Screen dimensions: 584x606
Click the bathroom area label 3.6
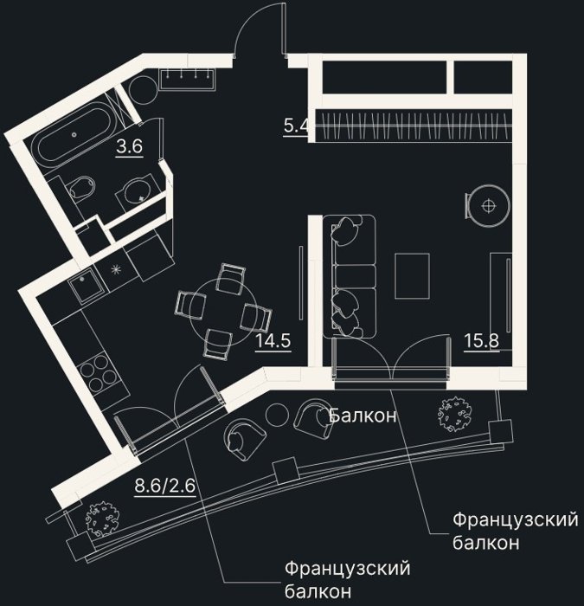pos(130,146)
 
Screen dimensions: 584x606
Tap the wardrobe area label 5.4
pos(296,126)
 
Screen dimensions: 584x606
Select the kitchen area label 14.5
pos(273,341)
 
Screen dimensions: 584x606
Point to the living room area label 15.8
pos(481,340)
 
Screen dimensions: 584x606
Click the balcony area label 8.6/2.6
pos(165,486)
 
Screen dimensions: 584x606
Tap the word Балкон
pos(363,416)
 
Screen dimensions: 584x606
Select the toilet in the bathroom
pos(80,189)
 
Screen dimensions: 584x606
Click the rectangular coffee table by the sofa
pos(412,276)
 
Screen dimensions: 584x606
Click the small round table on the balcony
pos(278,416)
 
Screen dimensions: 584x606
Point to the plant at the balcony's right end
pos(453,415)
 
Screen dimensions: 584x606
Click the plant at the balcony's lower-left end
pos(102,519)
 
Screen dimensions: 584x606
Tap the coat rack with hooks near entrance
pos(188,80)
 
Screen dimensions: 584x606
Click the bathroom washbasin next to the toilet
pos(138,190)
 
